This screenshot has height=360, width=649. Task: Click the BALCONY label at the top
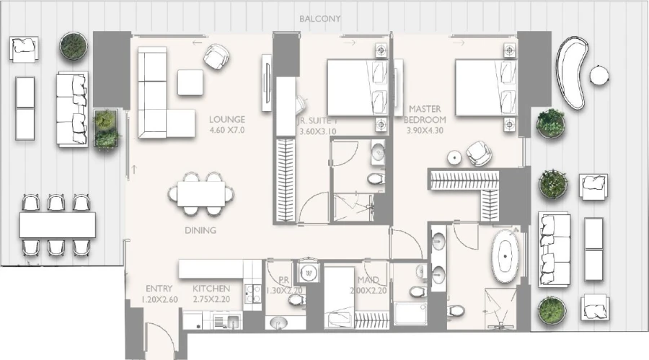319,19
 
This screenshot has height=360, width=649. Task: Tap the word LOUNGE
227,119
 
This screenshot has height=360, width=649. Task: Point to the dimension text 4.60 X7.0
227,131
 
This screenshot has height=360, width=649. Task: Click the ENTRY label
158,288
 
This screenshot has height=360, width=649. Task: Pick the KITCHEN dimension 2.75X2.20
211,299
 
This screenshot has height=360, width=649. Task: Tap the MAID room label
368,280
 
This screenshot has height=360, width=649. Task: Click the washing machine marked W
309,273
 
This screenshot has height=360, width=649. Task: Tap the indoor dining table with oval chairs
201,193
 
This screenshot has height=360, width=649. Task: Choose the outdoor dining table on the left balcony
58,224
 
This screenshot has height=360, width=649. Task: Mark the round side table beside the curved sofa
599,75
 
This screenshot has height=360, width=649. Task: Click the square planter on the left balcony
107,128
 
